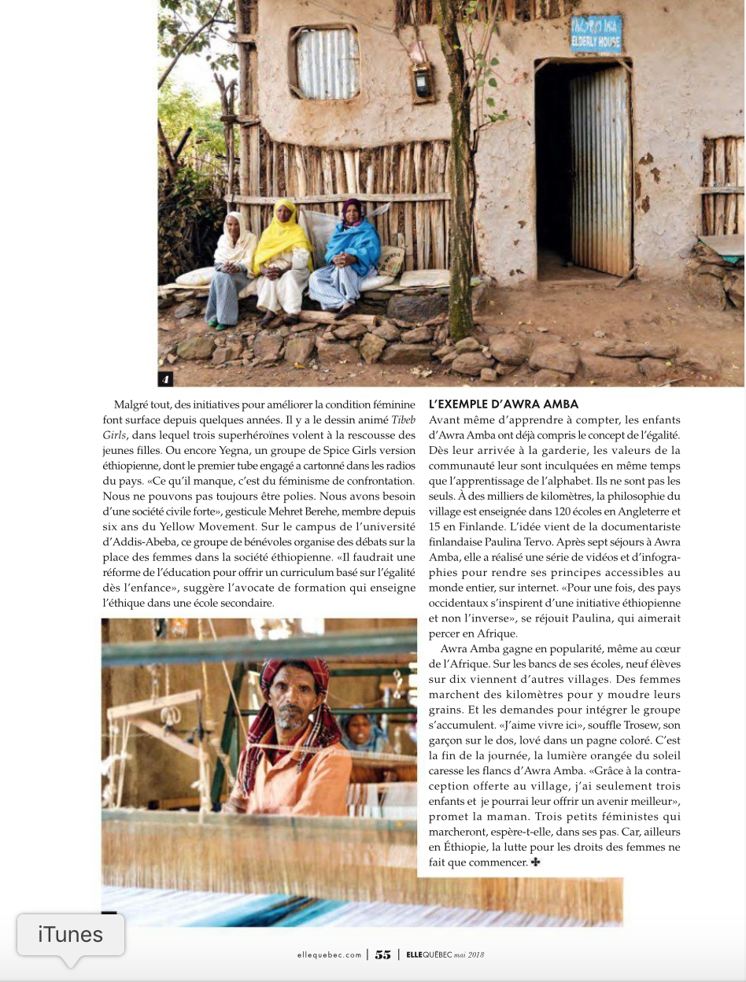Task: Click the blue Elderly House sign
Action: coord(596,36)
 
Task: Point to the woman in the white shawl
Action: coord(232,264)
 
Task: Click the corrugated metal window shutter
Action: coord(327,62)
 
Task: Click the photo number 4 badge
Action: coord(165,379)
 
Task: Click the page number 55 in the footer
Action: coord(383,954)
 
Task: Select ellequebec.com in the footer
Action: coord(329,955)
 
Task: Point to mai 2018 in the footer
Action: coord(470,955)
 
